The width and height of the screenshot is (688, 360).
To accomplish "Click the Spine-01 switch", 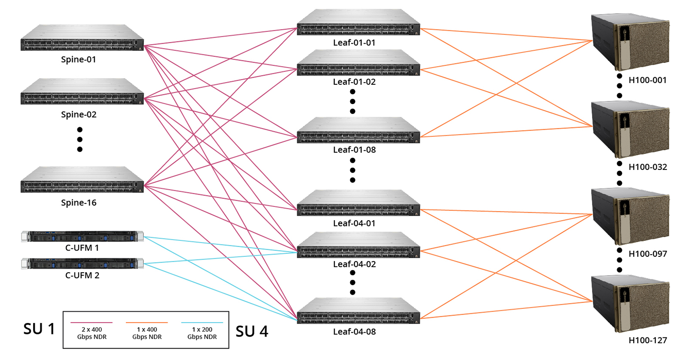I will click(82, 38).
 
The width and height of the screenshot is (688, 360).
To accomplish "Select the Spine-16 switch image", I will click(82, 180).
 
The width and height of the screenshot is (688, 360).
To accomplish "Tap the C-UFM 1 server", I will click(82, 236).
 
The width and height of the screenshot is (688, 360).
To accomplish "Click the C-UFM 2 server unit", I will click(82, 263).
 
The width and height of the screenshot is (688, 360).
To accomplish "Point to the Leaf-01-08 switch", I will click(358, 131).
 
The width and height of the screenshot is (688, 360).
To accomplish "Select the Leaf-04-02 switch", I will click(358, 245).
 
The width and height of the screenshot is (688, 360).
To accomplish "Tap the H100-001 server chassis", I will click(630, 42).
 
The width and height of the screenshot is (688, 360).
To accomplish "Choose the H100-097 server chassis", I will click(630, 216).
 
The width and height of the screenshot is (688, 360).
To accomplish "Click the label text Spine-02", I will click(79, 115).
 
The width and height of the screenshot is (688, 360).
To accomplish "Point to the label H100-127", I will click(647, 341).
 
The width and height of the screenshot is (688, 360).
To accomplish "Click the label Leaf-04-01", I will click(354, 223).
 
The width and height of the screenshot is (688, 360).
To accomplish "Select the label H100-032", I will click(647, 167).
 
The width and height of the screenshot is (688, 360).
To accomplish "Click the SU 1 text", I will click(39, 329).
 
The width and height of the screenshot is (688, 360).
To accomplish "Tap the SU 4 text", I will click(252, 331).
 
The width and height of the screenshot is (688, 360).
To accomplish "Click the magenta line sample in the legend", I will click(92, 323).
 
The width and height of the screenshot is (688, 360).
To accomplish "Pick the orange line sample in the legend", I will click(147, 323).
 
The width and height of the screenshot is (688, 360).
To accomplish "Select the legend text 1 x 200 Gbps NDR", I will click(202, 333).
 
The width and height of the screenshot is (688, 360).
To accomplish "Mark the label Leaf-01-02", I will click(354, 82).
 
